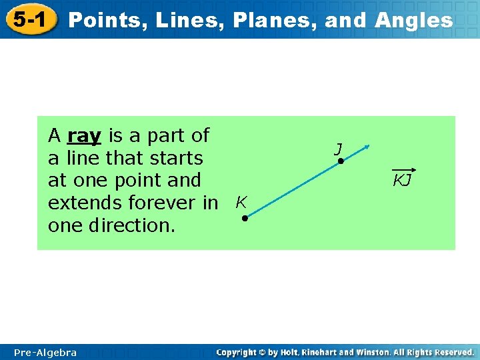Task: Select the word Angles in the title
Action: (x=413, y=20)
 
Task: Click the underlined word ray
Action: (x=84, y=136)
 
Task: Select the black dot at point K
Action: (x=245, y=219)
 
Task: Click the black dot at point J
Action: (x=339, y=162)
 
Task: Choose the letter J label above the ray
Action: (x=339, y=149)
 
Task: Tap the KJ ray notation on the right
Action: (x=402, y=178)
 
